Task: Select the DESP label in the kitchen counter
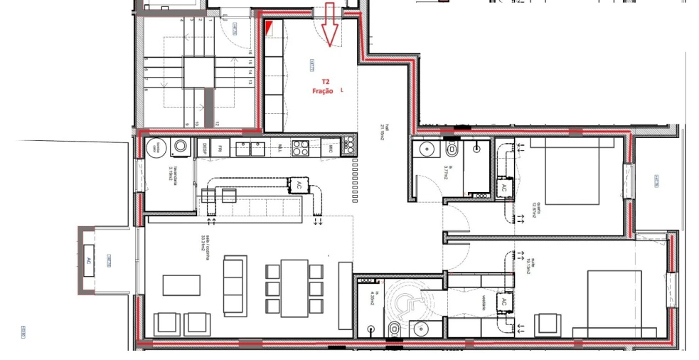pyautogui.click(x=204, y=149)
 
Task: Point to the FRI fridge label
pyautogui.click(x=221, y=149)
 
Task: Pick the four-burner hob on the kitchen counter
pyautogui.click(x=300, y=148)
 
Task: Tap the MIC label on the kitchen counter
pyautogui.click(x=331, y=148)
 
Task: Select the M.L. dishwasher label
pyautogui.click(x=281, y=149)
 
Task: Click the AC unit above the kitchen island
pyautogui.click(x=298, y=184)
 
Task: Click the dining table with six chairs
pyautogui.click(x=294, y=287)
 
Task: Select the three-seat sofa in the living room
pyautogui.click(x=235, y=285)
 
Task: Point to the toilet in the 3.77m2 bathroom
pyautogui.click(x=452, y=151)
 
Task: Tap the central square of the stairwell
pyautogui.click(x=198, y=72)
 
